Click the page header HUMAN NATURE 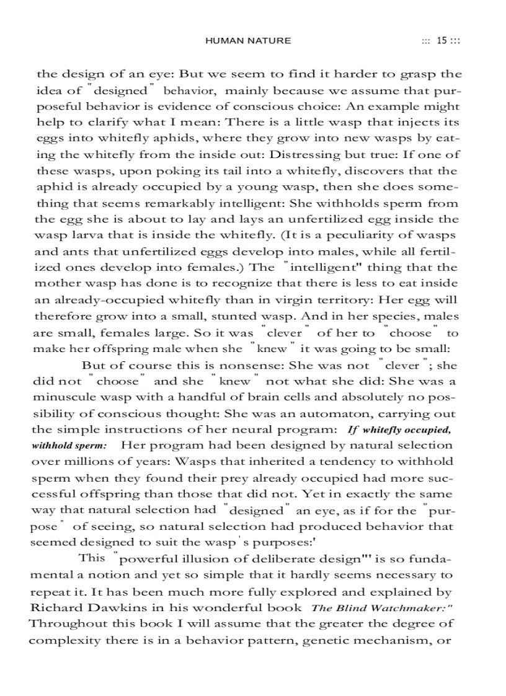247,41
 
